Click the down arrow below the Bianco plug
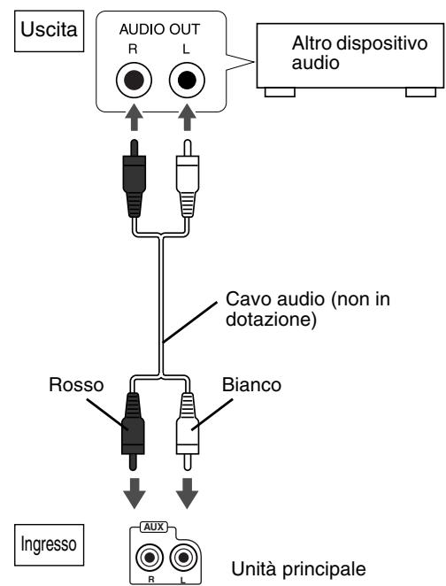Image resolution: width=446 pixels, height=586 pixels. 188,490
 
